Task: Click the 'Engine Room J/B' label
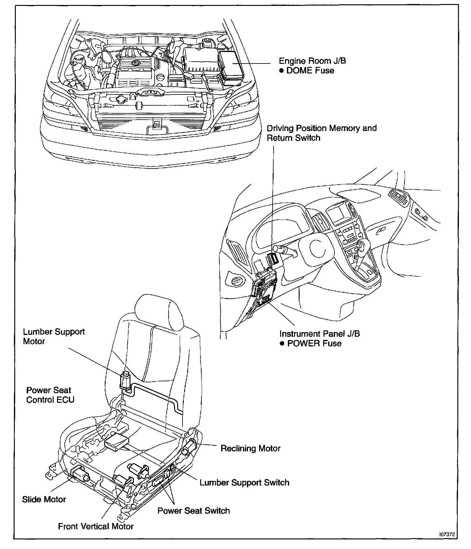(x=312, y=61)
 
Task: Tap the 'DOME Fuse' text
(x=310, y=71)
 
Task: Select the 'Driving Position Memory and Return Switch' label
(x=322, y=133)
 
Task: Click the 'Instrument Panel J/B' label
(x=319, y=334)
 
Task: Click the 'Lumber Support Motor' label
(x=54, y=336)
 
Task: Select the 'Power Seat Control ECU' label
(x=50, y=395)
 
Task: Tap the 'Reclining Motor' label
(x=250, y=448)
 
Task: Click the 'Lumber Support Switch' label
(x=244, y=482)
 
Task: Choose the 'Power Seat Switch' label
(x=194, y=511)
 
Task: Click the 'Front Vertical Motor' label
(x=96, y=526)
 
